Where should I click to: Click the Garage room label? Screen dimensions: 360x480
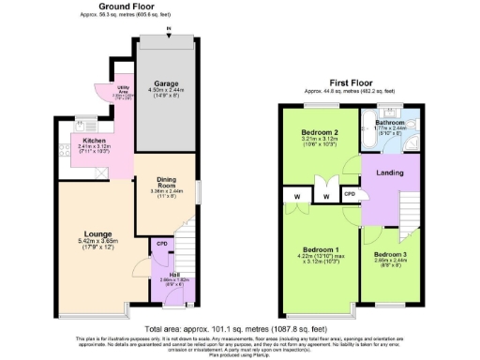coord(166,83)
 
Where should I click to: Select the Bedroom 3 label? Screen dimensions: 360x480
coord(389,254)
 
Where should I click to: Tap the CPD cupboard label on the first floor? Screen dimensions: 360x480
coord(350,194)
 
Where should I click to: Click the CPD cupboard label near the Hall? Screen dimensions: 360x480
coord(161,243)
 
